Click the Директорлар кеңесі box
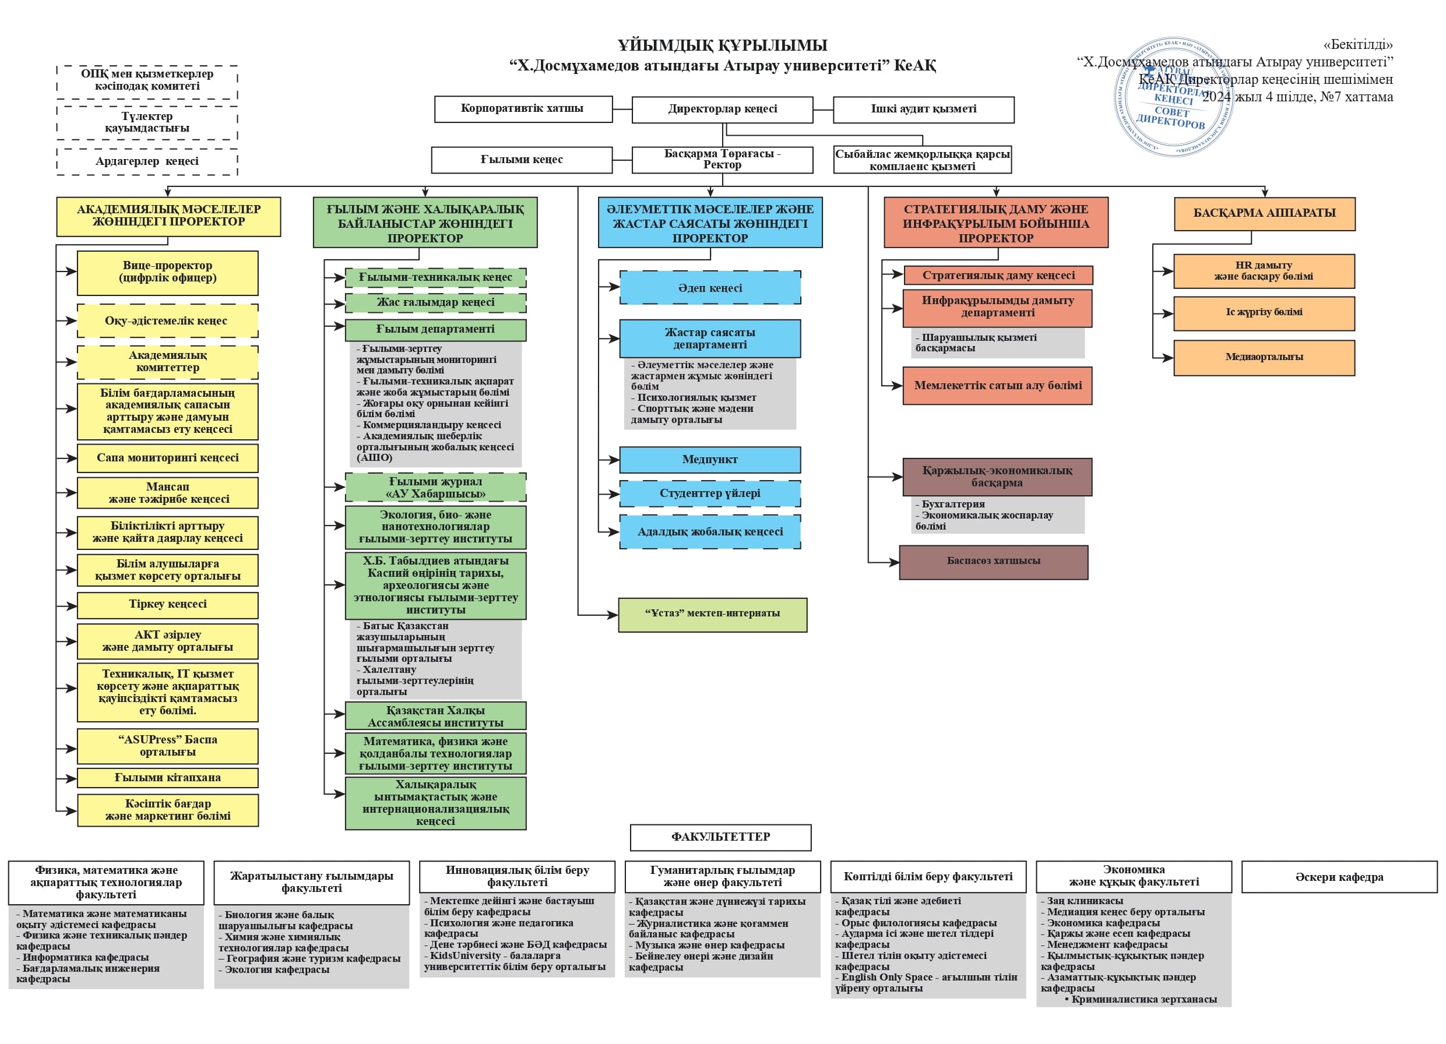722,110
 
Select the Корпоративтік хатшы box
523,109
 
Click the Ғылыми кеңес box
522,160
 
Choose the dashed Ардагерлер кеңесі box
147,162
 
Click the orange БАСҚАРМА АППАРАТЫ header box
1264,213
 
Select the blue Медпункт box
710,460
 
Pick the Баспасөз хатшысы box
993,562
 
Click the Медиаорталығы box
1264,358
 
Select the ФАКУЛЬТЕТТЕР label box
720,837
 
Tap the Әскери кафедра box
1339,877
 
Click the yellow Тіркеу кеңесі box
168,605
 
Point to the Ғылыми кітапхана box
168,778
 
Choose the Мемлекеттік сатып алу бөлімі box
997,386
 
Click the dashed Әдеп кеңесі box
710,288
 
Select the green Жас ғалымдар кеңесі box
435,303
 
